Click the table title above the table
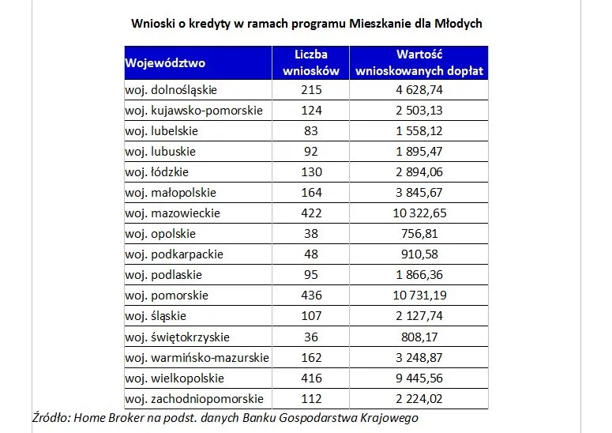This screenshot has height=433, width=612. [306, 24]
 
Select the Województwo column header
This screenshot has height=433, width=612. [165, 63]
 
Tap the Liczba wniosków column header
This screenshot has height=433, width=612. [311, 63]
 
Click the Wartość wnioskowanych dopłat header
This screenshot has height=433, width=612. [419, 63]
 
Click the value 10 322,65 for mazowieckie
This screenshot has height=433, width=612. [419, 213]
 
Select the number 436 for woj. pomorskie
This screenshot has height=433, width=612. [311, 296]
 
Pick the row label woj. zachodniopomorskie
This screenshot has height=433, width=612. [193, 398]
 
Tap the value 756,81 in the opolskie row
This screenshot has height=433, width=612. [419, 234]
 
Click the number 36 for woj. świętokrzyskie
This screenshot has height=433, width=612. [311, 337]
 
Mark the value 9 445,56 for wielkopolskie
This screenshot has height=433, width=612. [419, 378]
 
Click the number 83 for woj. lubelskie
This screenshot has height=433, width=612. [311, 131]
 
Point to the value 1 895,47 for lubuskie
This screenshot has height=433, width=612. [419, 152]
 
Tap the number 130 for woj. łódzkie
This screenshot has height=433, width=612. [311, 172]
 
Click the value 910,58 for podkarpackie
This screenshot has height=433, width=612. [419, 254]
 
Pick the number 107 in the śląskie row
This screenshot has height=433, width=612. [311, 316]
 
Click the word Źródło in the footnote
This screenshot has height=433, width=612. [51, 418]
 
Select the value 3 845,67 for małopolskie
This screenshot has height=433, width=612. [419, 193]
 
